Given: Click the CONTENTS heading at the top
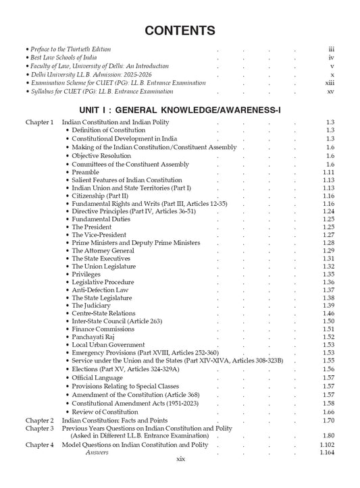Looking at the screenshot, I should [x=180, y=30].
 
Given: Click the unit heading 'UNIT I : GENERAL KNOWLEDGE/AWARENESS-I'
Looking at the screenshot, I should [x=180, y=108].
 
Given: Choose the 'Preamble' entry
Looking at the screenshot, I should [x=86, y=173].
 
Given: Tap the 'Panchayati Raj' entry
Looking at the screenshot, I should [x=95, y=337].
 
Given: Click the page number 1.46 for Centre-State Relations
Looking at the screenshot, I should [x=329, y=314].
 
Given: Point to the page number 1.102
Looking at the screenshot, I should [x=328, y=445].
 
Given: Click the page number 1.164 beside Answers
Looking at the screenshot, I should [x=328, y=452].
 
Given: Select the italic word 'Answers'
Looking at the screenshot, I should [x=97, y=452].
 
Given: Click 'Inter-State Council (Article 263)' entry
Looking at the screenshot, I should [x=120, y=321].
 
